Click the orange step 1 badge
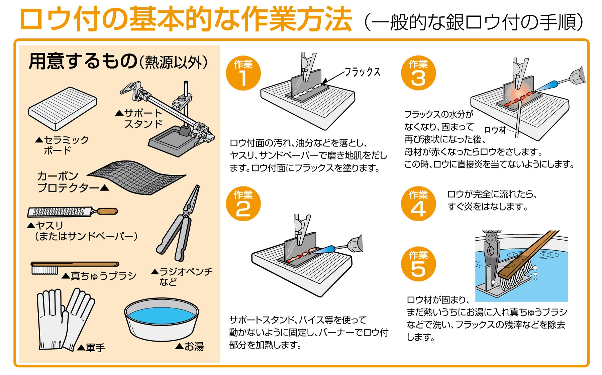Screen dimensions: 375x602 pos(243,73)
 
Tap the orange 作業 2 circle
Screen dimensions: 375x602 pos(243,204)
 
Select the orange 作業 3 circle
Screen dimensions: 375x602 pos(418,73)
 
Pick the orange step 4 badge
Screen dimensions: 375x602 pos(418,204)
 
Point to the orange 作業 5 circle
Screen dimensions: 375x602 pos(418,264)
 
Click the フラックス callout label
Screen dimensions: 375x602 pos(363,72)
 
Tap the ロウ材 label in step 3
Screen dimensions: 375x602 pos(495,130)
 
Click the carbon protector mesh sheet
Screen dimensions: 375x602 pos(137,177)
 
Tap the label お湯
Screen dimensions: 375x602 pos(194,347)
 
